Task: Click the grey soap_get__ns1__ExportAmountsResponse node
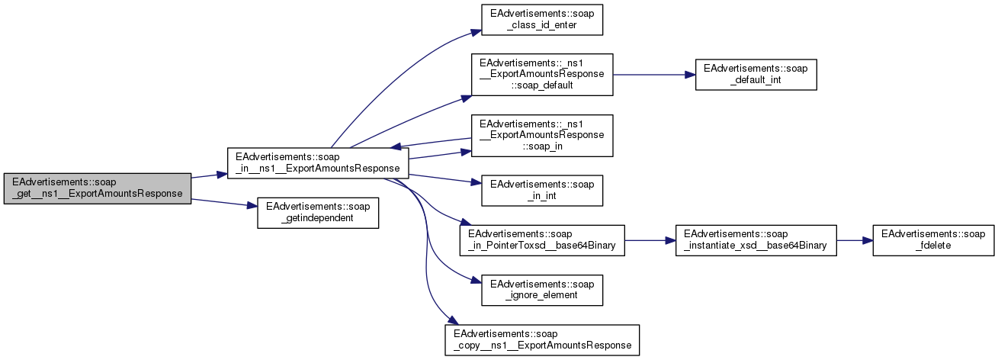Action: [x=97, y=188]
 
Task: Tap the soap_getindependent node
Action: [x=318, y=212]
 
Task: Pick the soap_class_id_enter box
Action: [x=542, y=20]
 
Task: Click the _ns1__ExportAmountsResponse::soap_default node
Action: [x=542, y=74]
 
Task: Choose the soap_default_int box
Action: [x=756, y=74]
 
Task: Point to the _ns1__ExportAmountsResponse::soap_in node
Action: [x=542, y=135]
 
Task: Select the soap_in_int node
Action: [x=542, y=190]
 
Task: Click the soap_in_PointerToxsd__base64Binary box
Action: [x=542, y=239]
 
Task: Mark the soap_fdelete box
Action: [x=933, y=239]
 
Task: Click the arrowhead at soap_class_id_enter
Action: [x=476, y=32]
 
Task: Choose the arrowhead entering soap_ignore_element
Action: [x=476, y=284]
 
